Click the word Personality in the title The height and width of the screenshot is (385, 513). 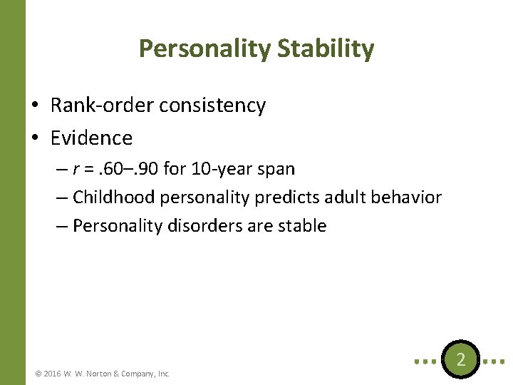tap(204, 48)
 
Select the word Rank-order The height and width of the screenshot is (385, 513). tap(103, 106)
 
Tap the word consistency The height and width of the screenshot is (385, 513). tap(212, 106)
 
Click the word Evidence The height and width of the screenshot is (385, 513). tap(91, 137)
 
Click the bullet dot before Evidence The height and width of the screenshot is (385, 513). tap(35, 138)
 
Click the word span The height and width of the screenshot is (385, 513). tap(276, 170)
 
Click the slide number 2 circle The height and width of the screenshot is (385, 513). tap(461, 360)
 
